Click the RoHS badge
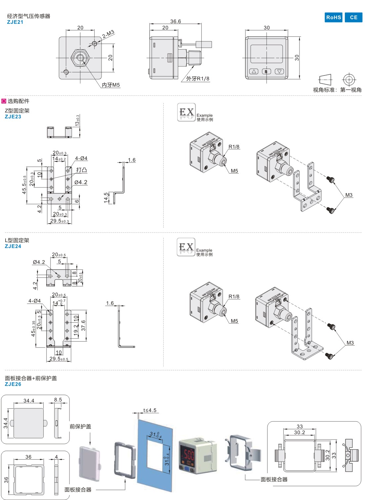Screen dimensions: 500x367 click(333, 18)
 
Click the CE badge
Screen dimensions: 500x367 click(353, 18)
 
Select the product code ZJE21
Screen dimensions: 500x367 click(15, 22)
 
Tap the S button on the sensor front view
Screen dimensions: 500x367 click(266, 71)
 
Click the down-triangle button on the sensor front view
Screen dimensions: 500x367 click(279, 71)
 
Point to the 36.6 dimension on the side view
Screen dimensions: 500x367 click(176, 21)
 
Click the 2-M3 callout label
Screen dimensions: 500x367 click(108, 34)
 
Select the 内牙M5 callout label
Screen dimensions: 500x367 click(111, 85)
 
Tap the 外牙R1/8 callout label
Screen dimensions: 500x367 click(197, 79)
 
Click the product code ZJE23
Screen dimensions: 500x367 click(13, 117)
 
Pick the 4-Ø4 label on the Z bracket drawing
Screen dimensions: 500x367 click(81, 158)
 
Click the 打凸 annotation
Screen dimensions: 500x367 click(81, 170)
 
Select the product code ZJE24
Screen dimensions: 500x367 click(13, 246)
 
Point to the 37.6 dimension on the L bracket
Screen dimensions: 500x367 click(83, 325)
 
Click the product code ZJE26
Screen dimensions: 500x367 click(13, 384)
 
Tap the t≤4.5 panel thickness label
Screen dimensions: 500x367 click(150, 410)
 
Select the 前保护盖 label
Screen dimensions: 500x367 click(80, 427)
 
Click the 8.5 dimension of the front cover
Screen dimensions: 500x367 click(58, 400)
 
